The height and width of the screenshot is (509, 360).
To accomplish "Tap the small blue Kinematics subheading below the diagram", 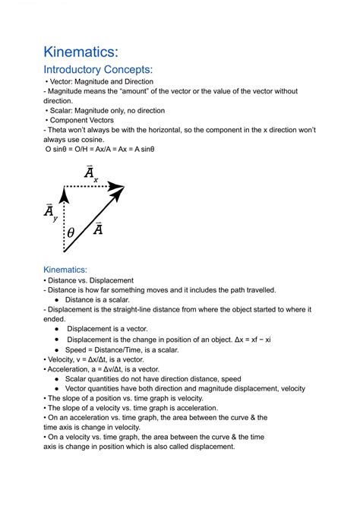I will [65, 270].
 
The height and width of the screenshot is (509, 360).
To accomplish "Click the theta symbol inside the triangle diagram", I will [71, 233].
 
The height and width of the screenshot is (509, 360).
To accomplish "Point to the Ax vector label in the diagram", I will [90, 174].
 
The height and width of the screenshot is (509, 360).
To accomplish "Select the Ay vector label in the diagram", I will [49, 213].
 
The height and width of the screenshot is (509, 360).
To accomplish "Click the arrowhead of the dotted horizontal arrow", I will [117, 186].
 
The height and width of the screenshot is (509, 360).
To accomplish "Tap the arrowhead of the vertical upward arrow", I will [65, 195].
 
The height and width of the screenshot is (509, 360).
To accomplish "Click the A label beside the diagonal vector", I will [97, 228].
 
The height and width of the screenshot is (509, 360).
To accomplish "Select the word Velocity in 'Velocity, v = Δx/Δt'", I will [64, 359].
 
